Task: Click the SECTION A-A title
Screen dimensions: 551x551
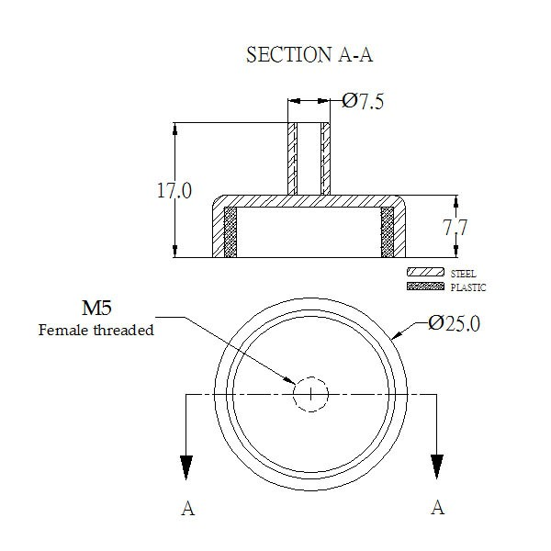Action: pos(309,55)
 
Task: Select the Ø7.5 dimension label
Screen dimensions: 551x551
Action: pos(363,102)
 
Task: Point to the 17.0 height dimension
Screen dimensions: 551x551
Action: pos(174,191)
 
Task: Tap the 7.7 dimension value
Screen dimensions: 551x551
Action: pos(455,228)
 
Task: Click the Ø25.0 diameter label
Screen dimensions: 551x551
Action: pos(454,323)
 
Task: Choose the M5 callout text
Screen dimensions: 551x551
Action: pos(96,308)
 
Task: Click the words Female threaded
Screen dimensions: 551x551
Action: pos(96,331)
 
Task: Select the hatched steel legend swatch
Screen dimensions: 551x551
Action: pos(425,272)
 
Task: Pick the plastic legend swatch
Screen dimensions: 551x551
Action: pos(425,286)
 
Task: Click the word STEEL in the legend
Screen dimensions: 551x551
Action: pos(463,274)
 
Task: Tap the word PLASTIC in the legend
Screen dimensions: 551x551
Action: pos(468,287)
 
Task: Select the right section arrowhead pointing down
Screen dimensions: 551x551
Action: pos(437,467)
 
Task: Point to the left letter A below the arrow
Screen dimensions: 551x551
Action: pos(187,508)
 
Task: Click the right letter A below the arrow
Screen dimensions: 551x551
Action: pos(437,508)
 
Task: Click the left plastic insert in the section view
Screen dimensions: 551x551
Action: pos(231,232)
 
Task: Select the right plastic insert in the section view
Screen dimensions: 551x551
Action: pos(388,232)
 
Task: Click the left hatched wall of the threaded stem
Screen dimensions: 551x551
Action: pos(292,159)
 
